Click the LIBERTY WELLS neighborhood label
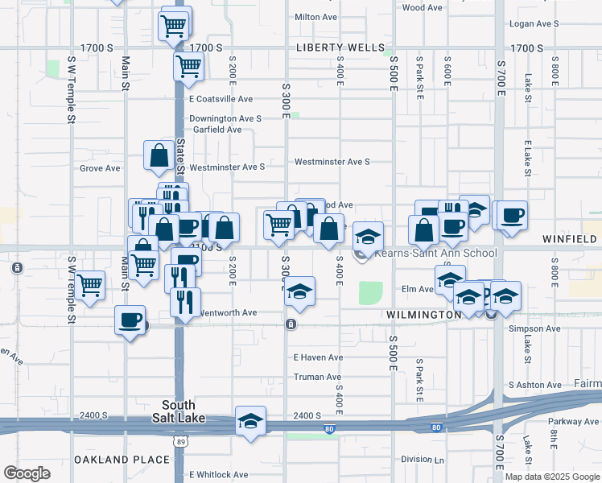[340, 47]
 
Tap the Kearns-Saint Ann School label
[435, 253]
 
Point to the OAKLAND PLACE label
[122, 460]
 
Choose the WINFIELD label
[570, 239]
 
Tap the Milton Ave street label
[316, 16]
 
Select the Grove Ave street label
[100, 168]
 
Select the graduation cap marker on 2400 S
[250, 420]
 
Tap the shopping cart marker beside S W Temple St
[89, 284]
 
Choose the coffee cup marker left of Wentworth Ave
[130, 321]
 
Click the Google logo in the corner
[27, 473]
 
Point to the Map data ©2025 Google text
[551, 477]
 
